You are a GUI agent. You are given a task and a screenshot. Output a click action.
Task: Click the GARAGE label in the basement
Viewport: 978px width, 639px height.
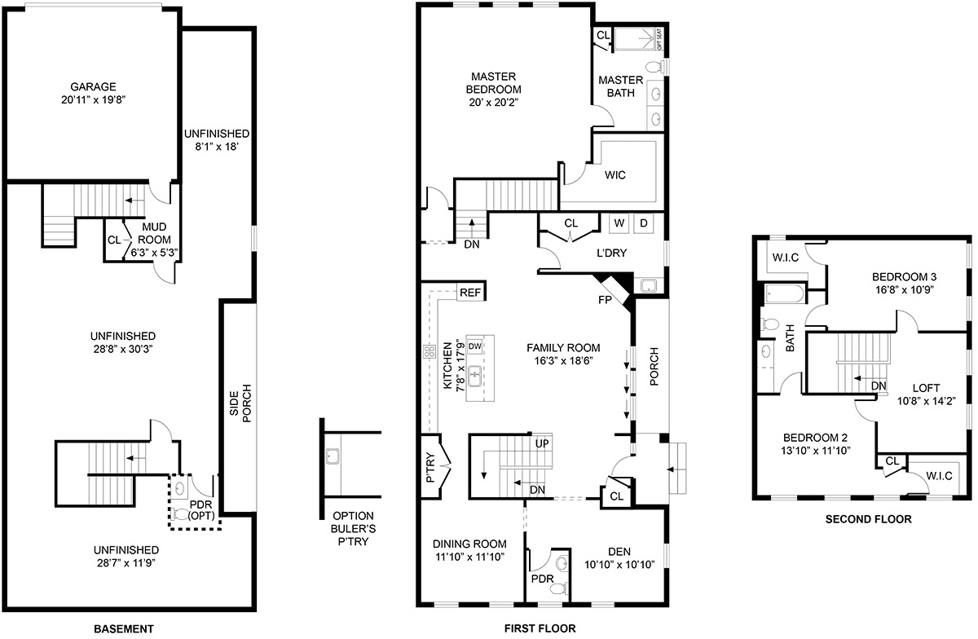(93, 86)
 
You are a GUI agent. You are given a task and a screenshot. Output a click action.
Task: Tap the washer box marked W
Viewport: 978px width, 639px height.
(619, 223)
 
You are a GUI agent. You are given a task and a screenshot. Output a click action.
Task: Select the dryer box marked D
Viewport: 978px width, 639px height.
(644, 223)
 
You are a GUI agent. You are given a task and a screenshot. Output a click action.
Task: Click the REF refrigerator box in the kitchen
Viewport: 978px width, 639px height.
(470, 293)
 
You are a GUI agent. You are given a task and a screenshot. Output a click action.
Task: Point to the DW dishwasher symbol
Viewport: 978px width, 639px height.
(474, 346)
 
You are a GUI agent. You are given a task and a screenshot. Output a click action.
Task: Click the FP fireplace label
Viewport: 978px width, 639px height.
(605, 300)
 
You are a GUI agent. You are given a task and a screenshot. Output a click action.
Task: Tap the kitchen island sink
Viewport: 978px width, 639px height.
(474, 377)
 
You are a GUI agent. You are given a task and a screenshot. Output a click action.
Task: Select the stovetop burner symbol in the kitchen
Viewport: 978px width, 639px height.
(430, 351)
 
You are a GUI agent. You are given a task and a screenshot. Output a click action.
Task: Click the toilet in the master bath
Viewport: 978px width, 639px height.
(654, 67)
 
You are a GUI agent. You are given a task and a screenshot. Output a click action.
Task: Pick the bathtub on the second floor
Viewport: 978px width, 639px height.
(784, 294)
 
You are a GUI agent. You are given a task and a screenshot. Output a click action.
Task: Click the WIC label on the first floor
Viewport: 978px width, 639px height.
(615, 175)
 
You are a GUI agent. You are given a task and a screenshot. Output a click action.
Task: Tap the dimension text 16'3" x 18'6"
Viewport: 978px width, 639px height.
(563, 361)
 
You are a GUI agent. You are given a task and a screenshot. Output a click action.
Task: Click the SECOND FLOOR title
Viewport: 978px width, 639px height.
(868, 519)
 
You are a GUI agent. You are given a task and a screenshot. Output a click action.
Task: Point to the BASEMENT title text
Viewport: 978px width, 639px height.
(124, 629)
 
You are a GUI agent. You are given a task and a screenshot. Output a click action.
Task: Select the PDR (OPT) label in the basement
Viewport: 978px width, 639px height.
(201, 510)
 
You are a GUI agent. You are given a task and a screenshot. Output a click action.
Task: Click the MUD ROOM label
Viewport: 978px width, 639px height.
(154, 233)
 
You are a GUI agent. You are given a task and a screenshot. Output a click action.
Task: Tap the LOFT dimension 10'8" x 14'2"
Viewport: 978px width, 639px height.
(926, 401)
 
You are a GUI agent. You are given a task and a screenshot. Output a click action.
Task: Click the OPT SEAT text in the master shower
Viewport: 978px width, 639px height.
(659, 39)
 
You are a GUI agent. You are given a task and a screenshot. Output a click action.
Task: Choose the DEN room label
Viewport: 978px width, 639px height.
(619, 552)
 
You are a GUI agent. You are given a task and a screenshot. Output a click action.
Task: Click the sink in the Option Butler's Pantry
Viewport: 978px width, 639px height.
(333, 456)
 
